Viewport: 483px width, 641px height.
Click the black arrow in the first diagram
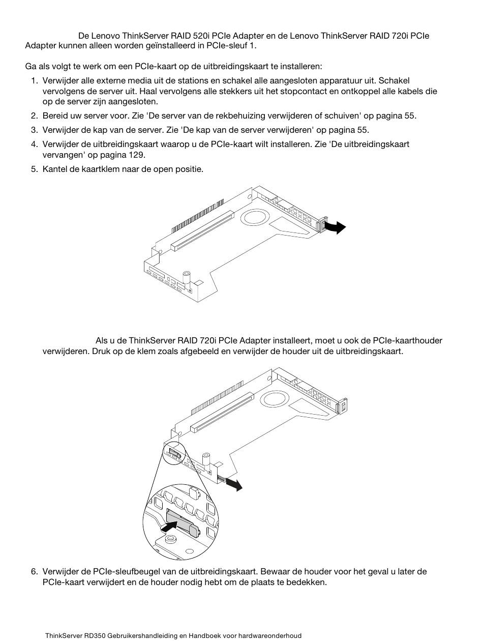337,227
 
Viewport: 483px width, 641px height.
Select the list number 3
34,130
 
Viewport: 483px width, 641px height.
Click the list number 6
34,571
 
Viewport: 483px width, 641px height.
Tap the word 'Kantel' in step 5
55,169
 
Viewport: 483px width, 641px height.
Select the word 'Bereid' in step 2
55,115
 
